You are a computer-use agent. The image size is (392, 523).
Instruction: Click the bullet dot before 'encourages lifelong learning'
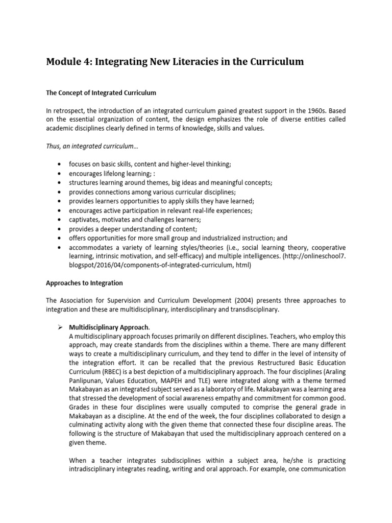[x=61, y=173]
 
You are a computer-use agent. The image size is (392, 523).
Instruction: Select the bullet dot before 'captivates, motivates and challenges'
[x=61, y=220]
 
